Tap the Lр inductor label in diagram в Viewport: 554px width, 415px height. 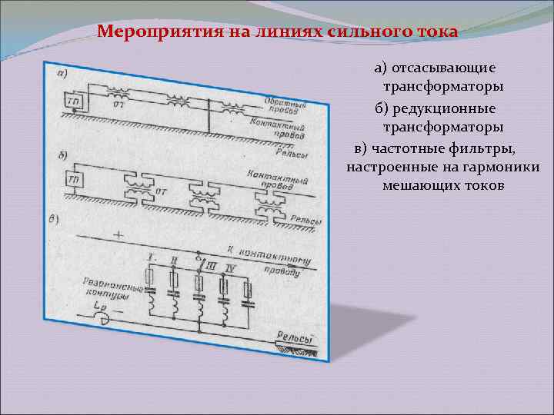point(98,307)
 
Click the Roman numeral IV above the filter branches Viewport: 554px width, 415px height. point(232,267)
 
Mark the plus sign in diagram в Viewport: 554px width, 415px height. point(118,231)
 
